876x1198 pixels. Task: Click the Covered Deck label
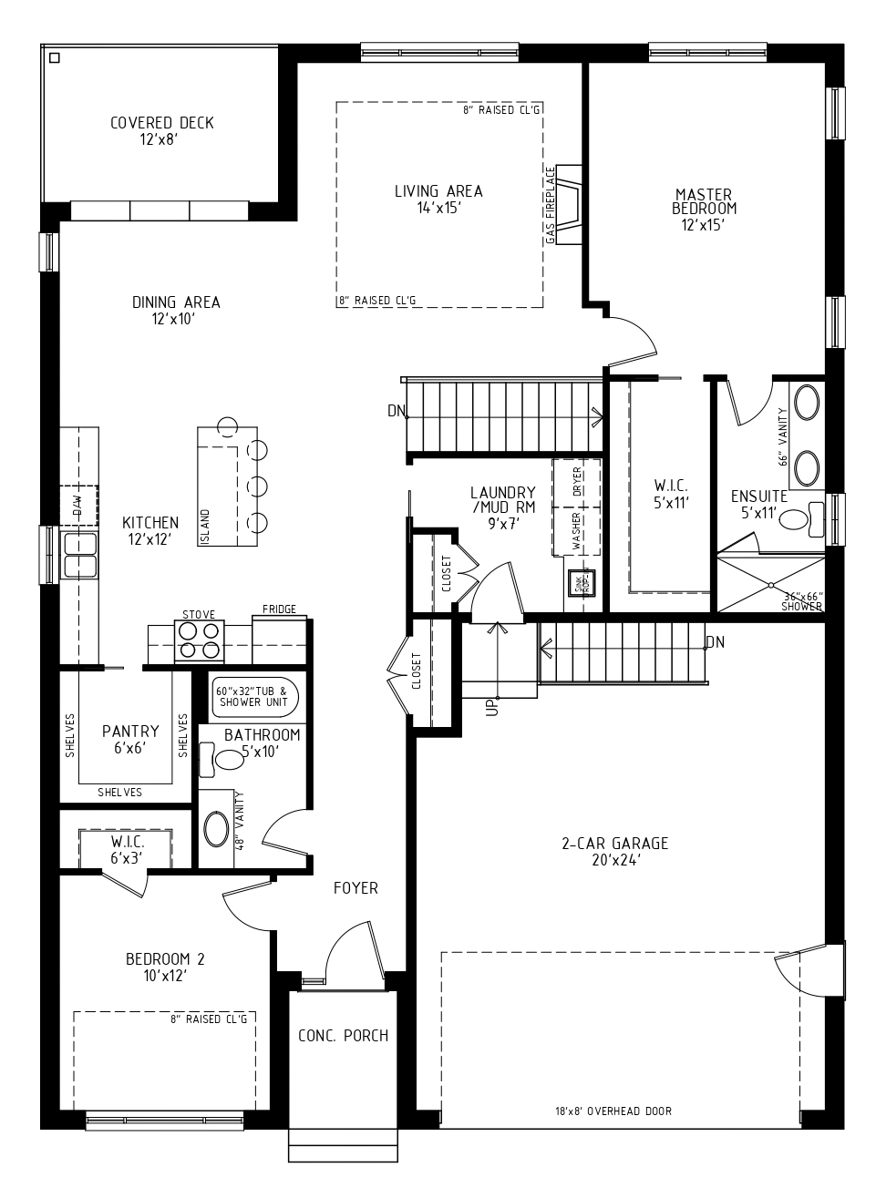click(161, 130)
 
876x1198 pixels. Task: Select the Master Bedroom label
click(703, 209)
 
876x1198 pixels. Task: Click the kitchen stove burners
click(199, 642)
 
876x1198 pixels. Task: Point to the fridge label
click(278, 609)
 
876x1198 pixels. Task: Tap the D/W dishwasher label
click(78, 502)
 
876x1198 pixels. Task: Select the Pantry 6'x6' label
click(130, 739)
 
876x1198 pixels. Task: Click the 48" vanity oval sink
click(216, 830)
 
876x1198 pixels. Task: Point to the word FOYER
click(356, 887)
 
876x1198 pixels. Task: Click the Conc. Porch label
click(343, 1036)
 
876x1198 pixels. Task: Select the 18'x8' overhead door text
click(613, 1111)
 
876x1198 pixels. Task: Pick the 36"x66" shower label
click(802, 600)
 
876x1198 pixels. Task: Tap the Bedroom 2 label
click(165, 967)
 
